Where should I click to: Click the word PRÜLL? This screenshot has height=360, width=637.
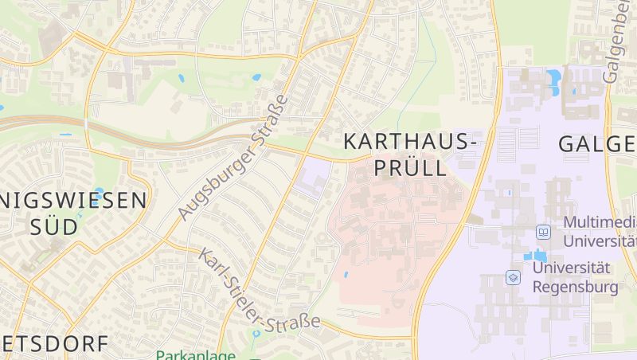tap(409, 168)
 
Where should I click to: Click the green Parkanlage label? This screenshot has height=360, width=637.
tap(195, 355)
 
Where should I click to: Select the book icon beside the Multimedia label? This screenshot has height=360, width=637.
tap(544, 232)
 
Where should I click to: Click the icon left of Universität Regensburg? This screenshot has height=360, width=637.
tap(514, 277)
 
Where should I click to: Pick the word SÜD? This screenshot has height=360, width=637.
tap(54, 226)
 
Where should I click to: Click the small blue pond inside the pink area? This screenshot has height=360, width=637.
tap(346, 275)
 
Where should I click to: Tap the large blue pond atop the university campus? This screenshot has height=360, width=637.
tap(553, 79)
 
